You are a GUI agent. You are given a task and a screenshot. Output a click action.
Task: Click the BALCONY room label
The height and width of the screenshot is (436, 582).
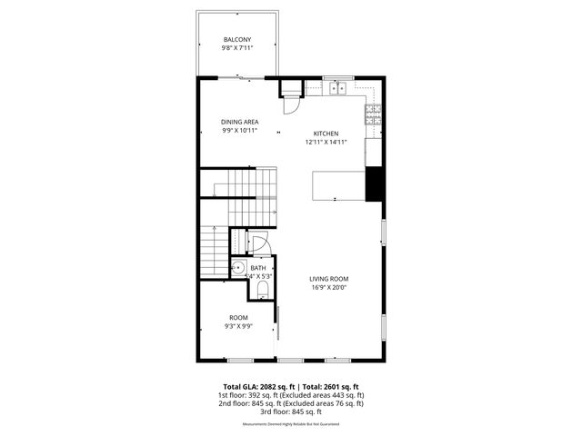click(237, 40)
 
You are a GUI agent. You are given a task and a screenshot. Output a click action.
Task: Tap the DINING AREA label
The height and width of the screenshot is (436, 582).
click(240, 122)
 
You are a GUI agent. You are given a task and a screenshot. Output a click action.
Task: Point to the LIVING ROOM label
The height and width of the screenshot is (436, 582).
click(329, 279)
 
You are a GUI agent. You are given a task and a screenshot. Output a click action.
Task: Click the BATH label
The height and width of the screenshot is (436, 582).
click(258, 268)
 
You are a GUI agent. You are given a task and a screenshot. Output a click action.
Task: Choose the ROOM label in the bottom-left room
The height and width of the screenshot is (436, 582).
click(238, 317)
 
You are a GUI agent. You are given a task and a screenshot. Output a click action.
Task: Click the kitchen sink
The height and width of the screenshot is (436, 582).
click(338, 88)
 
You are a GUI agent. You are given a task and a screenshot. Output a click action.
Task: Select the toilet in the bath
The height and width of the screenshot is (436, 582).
click(262, 289)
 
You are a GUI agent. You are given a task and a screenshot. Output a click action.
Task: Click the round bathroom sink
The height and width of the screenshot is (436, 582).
click(238, 269)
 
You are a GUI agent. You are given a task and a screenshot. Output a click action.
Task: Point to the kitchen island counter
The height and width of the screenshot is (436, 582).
click(338, 184)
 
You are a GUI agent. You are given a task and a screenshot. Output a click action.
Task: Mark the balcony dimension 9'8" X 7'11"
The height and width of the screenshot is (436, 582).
click(237, 49)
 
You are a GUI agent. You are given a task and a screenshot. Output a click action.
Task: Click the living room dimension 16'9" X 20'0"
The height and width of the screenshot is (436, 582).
click(329, 288)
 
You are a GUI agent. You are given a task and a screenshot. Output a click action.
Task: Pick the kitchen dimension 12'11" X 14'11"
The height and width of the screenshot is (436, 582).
click(326, 142)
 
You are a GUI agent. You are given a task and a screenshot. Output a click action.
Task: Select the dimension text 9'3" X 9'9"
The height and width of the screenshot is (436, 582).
click(238, 326)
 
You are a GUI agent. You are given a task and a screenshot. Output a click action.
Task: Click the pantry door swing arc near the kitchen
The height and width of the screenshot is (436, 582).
click(289, 104)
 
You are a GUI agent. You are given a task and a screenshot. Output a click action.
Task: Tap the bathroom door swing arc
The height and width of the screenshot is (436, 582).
click(259, 244)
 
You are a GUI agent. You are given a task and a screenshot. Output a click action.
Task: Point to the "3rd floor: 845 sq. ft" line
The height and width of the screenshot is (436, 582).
click(290, 411)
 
